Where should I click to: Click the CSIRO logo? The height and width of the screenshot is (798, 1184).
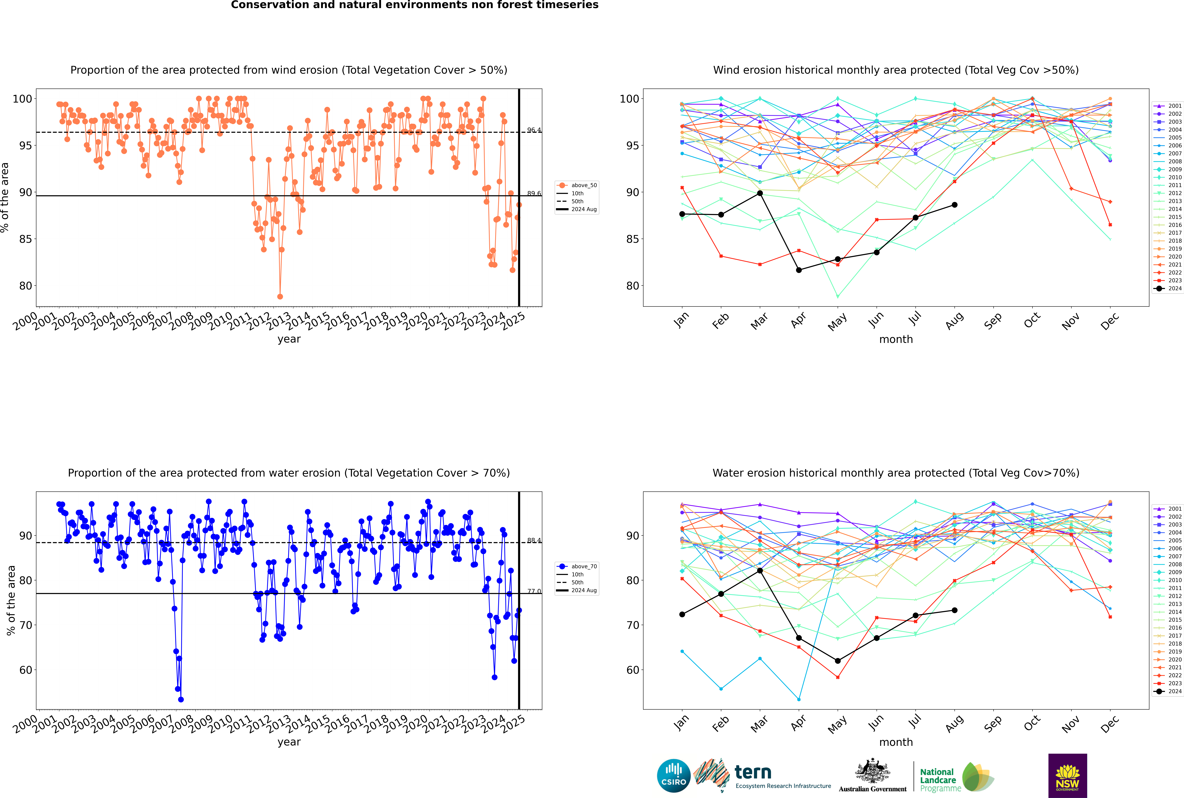pyautogui.click(x=673, y=776)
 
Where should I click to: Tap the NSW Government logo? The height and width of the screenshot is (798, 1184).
pyautogui.click(x=1067, y=776)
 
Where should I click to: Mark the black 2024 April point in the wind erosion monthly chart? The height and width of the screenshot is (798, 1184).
pyautogui.click(x=799, y=270)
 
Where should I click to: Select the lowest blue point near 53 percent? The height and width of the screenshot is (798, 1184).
pyautogui.click(x=181, y=700)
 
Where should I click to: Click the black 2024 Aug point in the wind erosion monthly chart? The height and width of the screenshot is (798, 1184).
pyautogui.click(x=954, y=205)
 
